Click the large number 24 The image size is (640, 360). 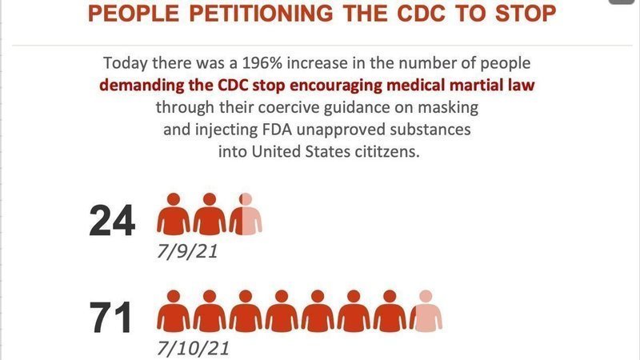tap(113, 222)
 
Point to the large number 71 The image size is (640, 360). tap(110, 317)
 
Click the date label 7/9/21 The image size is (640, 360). tap(187, 252)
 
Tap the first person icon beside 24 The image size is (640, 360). tap(173, 214)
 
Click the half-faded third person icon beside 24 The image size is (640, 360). tap(246, 214)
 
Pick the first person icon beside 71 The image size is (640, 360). tap(173, 310)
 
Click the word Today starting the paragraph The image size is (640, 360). tap(125, 63)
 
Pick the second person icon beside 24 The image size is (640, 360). tap(209, 214)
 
